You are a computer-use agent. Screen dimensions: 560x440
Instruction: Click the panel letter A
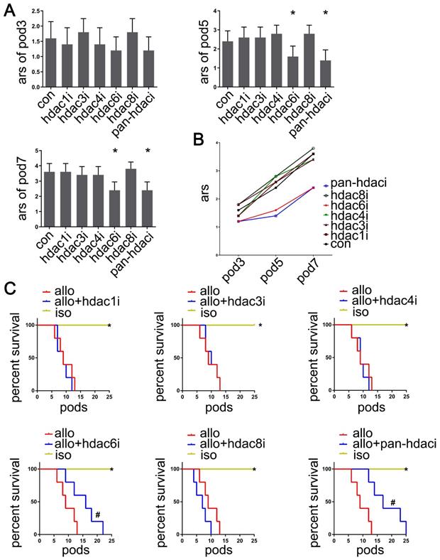pos(10,12)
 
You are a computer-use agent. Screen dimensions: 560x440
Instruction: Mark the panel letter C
pos(10,288)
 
